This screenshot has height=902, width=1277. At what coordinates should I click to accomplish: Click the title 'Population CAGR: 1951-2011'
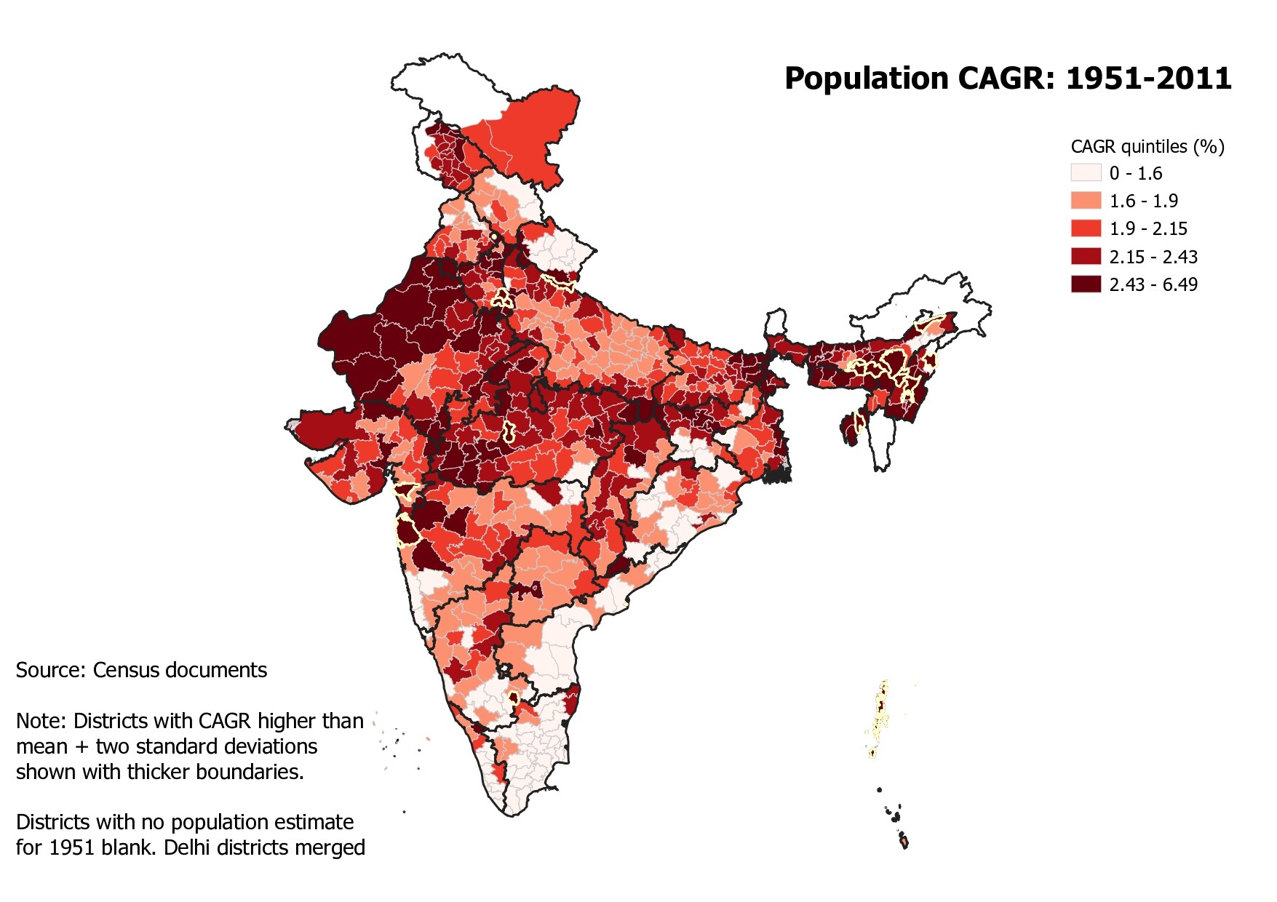click(x=1008, y=79)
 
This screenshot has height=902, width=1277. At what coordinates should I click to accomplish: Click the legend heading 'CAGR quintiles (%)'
click(x=1147, y=147)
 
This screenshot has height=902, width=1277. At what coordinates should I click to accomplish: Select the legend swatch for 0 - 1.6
click(x=1086, y=173)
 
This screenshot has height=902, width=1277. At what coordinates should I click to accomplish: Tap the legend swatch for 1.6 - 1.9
click(x=1086, y=201)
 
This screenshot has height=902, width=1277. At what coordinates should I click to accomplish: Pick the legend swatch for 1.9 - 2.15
click(x=1086, y=228)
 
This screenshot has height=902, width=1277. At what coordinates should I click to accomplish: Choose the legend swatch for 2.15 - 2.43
click(x=1086, y=256)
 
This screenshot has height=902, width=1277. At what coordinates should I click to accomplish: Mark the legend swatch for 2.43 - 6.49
click(x=1086, y=284)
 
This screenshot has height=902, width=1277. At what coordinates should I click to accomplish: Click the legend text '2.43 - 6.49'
click(x=1153, y=284)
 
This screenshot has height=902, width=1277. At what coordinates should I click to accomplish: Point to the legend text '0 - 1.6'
click(x=1136, y=174)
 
